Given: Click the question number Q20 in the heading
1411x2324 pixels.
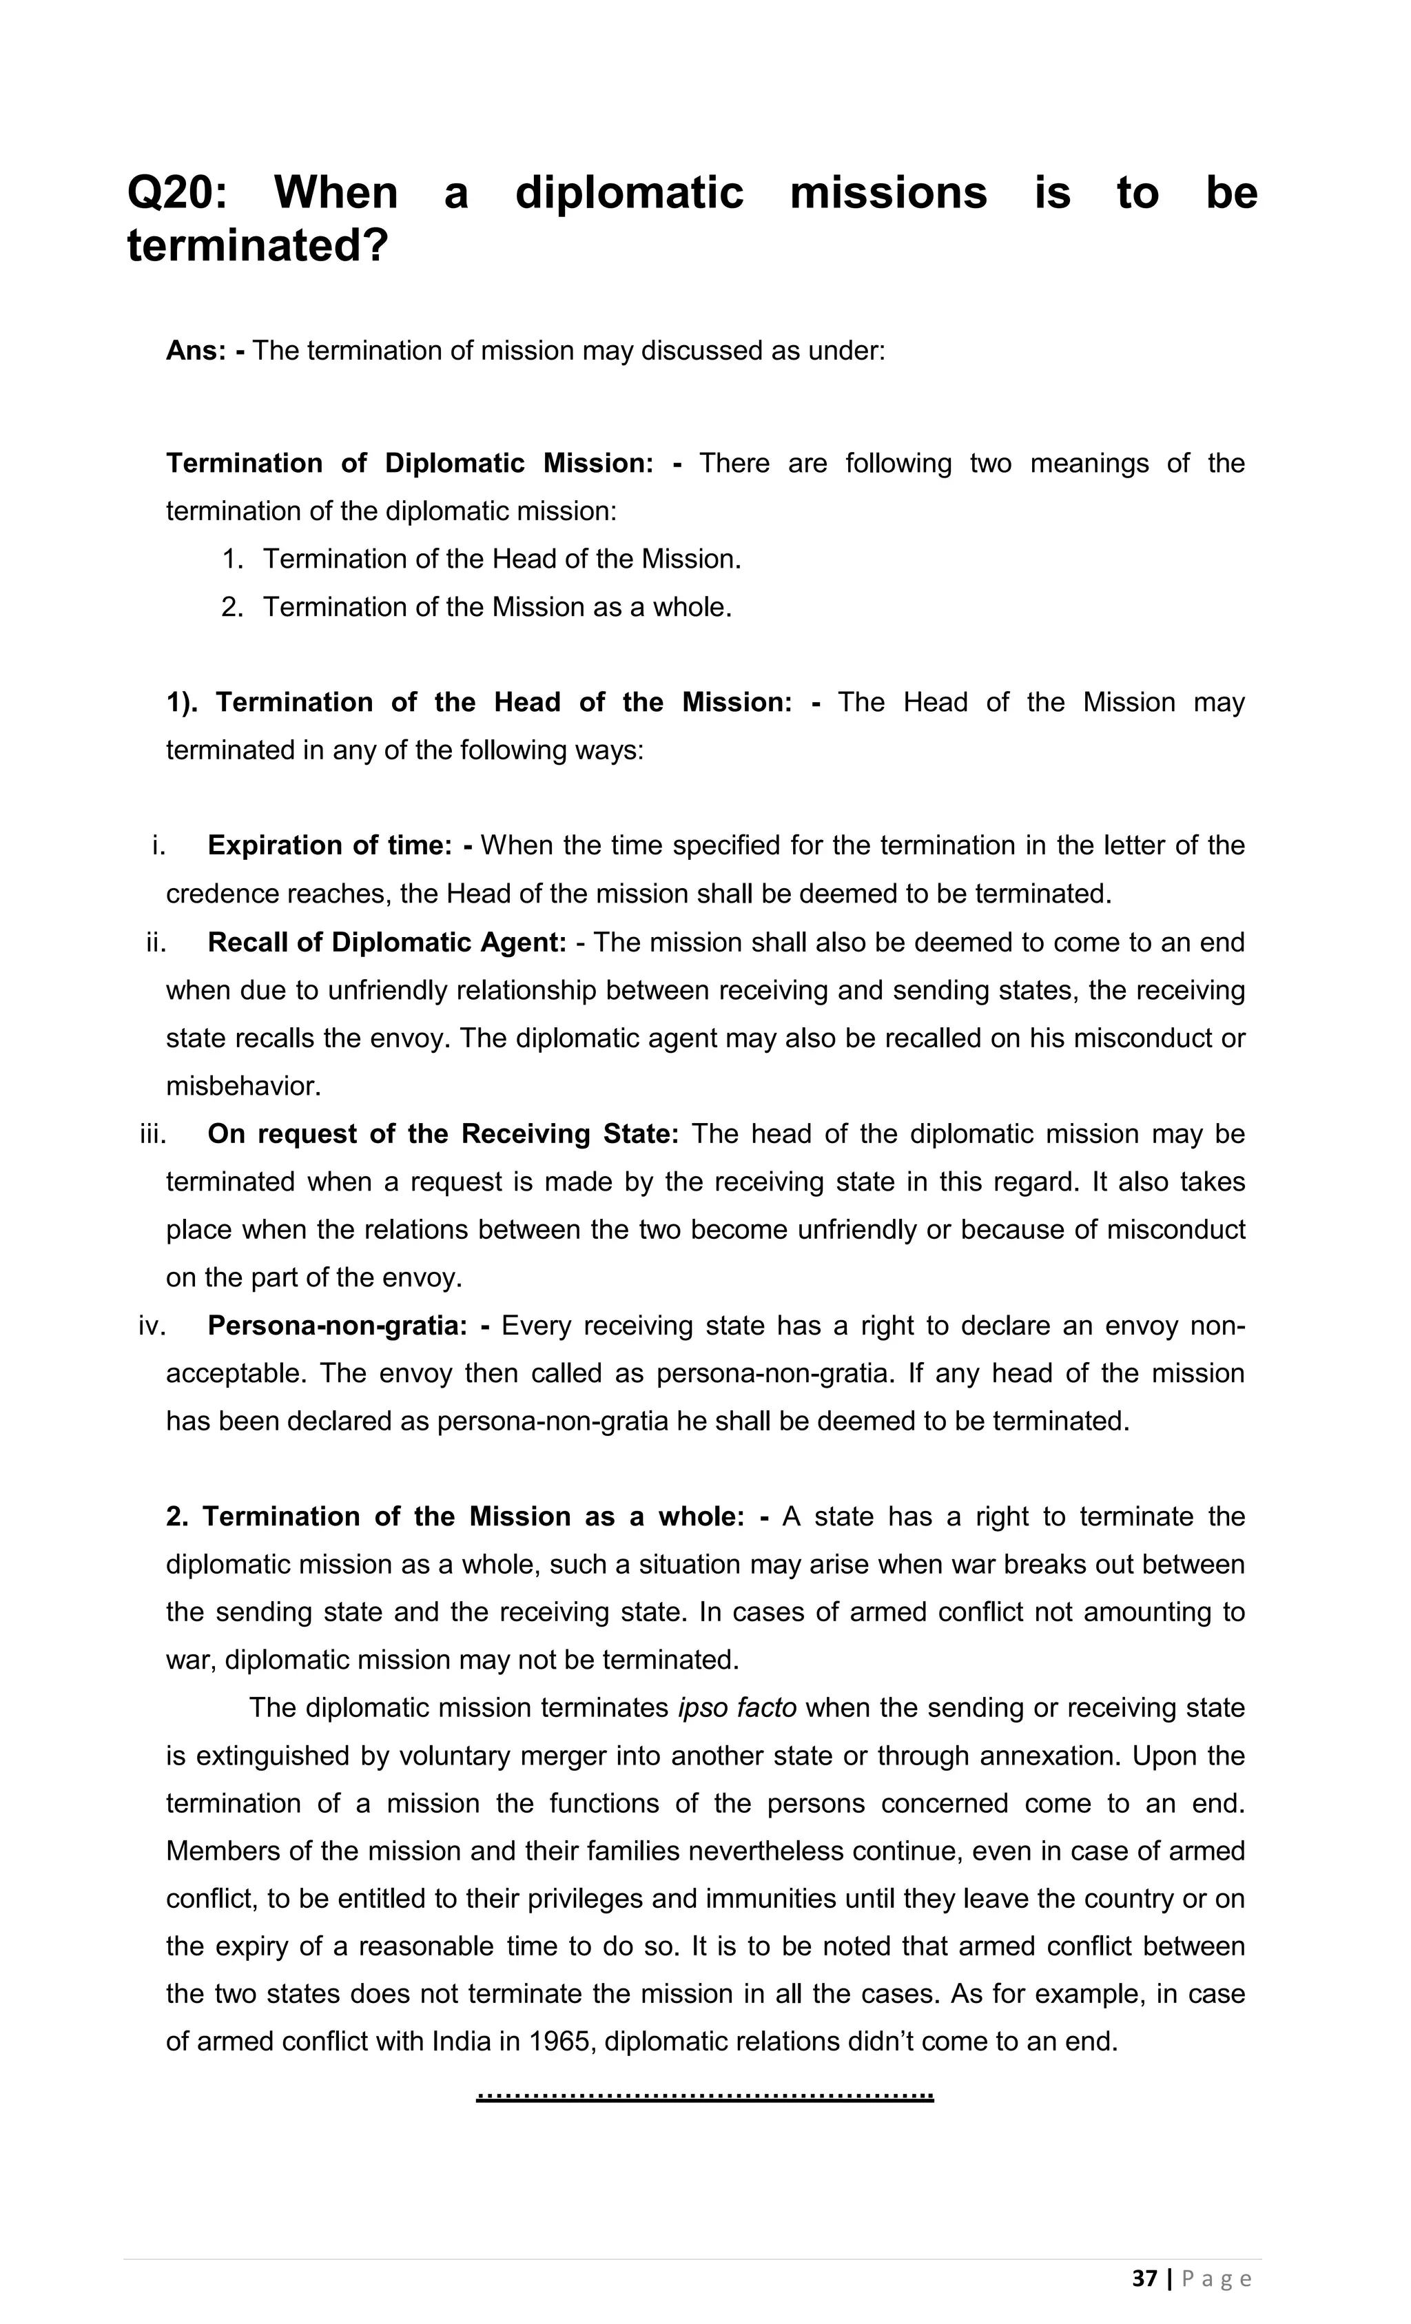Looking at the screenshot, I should click(x=176, y=194).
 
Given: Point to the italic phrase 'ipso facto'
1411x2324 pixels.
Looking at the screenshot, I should click(x=737, y=1707).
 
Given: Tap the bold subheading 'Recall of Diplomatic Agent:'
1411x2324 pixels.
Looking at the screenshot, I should click(x=387, y=943).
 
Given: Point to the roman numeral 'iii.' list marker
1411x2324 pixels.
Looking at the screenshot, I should click(x=153, y=1133).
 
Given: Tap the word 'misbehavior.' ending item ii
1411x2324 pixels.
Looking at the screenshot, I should click(x=243, y=1087).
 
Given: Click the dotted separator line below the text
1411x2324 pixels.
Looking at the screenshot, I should click(x=705, y=2096).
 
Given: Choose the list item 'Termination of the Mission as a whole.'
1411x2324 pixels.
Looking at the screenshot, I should click(x=497, y=606).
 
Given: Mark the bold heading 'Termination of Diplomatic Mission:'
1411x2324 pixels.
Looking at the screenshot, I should click(x=411, y=463).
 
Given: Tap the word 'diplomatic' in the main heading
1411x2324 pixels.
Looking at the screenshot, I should click(x=629, y=194).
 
